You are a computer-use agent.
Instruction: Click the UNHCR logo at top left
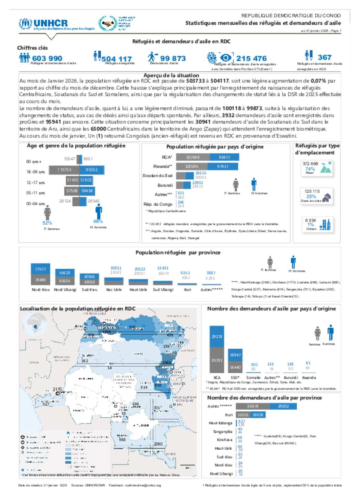(x=44, y=24)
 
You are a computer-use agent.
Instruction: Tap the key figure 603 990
(x=47, y=58)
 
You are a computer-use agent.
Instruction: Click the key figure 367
(x=324, y=57)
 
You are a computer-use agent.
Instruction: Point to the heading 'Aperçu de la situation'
(x=171, y=75)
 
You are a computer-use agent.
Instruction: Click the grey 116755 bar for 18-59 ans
(x=64, y=169)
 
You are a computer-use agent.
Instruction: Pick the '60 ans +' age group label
(x=34, y=161)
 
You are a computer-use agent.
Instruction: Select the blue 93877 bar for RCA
(x=224, y=157)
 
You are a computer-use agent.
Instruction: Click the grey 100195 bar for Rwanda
(x=192, y=166)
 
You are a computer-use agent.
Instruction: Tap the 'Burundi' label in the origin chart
(x=165, y=185)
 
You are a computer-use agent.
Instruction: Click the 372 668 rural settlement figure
(x=310, y=164)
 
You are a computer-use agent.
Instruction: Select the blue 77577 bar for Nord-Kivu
(x=40, y=269)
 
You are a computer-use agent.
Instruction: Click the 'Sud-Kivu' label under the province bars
(x=89, y=290)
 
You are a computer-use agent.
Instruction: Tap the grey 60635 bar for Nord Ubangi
(x=65, y=281)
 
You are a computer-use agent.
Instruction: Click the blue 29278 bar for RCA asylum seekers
(x=217, y=336)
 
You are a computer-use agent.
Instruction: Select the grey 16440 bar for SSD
(x=235, y=367)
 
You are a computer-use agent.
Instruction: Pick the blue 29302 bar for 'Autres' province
(x=283, y=406)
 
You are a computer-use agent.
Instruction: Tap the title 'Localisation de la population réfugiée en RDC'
(x=78, y=309)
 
